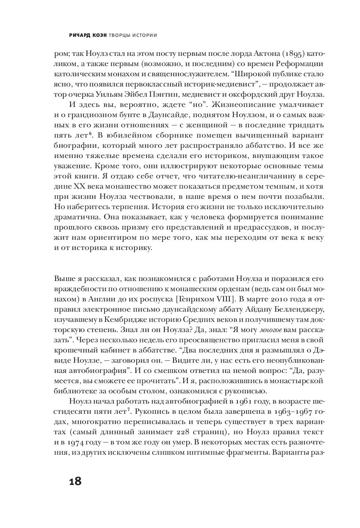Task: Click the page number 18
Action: coord(75,481)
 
